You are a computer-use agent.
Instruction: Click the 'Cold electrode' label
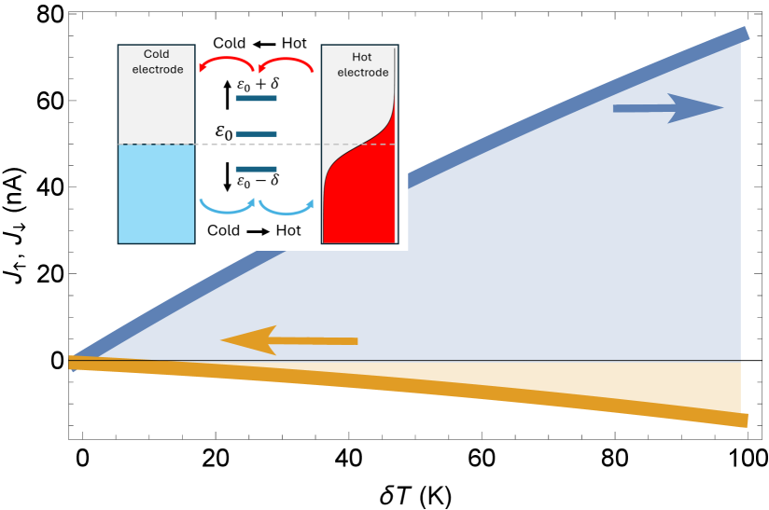(x=156, y=62)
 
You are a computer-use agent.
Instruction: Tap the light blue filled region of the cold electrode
(x=156, y=193)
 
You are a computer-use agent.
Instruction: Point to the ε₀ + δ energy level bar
(x=256, y=98)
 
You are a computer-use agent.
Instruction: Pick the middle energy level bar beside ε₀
(x=256, y=134)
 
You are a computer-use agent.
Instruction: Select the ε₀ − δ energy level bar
(x=256, y=169)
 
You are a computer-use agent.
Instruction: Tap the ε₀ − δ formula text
(x=258, y=182)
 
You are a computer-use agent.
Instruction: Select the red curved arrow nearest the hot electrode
(x=286, y=62)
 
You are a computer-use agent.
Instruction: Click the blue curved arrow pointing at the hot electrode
(x=286, y=207)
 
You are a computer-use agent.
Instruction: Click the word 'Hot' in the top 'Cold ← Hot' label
(x=294, y=43)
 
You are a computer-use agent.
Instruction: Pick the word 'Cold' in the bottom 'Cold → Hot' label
(x=224, y=230)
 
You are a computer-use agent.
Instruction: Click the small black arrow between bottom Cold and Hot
(x=258, y=230)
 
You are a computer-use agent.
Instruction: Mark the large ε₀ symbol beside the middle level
(x=223, y=132)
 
